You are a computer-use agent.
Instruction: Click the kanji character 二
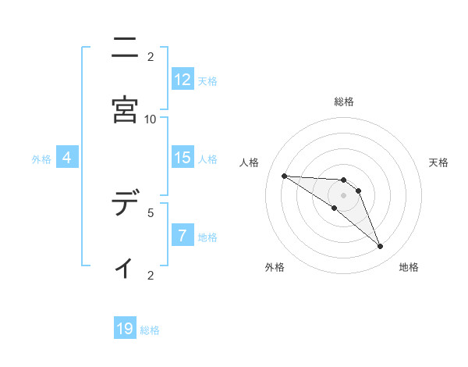(125, 48)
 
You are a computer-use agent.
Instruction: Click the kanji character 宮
(125, 110)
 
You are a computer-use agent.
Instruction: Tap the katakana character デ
(125, 205)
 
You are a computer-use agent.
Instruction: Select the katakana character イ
(125, 267)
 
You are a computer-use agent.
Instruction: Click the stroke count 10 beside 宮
(151, 119)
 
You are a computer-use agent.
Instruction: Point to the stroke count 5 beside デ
(151, 212)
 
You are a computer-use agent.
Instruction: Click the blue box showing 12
(183, 79)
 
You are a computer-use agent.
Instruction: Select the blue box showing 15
(183, 158)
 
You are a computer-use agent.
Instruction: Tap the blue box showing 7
(183, 236)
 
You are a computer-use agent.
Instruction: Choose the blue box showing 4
(67, 158)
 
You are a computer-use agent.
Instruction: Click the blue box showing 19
(125, 329)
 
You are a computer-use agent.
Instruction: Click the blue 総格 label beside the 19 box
(151, 330)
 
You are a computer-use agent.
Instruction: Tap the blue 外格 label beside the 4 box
(41, 159)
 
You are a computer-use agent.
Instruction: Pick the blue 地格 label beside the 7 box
(207, 237)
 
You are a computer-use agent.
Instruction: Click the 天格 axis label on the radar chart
(438, 162)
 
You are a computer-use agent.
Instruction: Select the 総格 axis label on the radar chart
(344, 102)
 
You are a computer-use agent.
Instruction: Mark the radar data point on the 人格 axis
(284, 176)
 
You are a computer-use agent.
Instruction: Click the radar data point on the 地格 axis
(380, 247)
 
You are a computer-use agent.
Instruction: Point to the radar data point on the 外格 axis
(335, 208)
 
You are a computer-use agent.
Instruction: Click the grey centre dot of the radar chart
(344, 194)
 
